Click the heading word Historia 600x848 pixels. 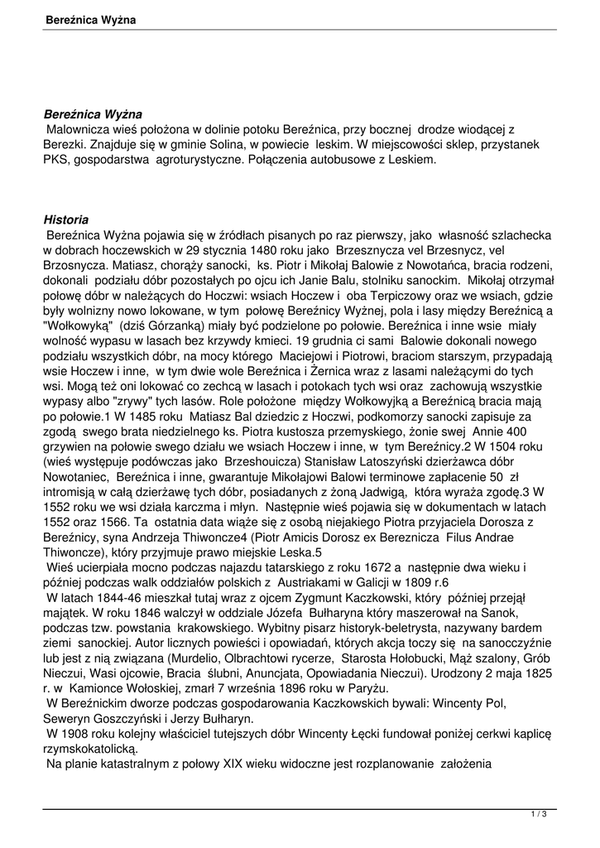pos(65,219)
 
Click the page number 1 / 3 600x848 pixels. pos(539,815)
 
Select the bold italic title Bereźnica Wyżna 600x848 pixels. pos(93,113)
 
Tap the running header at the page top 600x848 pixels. pos(91,18)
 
